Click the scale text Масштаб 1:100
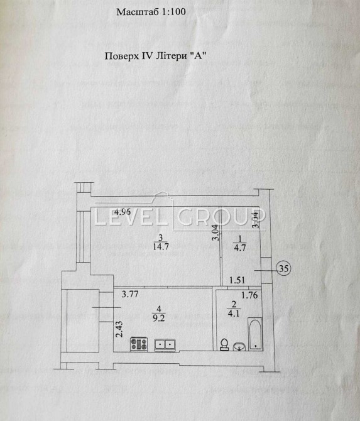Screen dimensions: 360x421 point(151,12)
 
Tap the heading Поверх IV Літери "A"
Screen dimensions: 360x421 point(155,56)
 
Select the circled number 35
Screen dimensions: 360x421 point(283,268)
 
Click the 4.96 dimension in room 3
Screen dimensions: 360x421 point(123,212)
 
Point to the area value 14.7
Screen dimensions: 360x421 point(161,246)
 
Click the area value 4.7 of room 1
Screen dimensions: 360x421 point(240,247)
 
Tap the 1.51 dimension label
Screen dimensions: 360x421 point(237,280)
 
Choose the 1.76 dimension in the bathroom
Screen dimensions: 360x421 point(249,295)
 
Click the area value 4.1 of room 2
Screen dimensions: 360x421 point(234,313)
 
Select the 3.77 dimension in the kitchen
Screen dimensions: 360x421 point(130,294)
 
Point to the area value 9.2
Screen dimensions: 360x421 point(159,318)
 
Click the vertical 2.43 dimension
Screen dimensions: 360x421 point(119,329)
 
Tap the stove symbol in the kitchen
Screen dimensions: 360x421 point(139,344)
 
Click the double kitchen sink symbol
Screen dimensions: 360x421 point(165,345)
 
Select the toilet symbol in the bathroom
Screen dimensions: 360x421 point(224,344)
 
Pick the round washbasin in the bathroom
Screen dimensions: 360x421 point(239,347)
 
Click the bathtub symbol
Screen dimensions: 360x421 point(255,334)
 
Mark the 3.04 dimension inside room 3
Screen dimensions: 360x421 point(216,232)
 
